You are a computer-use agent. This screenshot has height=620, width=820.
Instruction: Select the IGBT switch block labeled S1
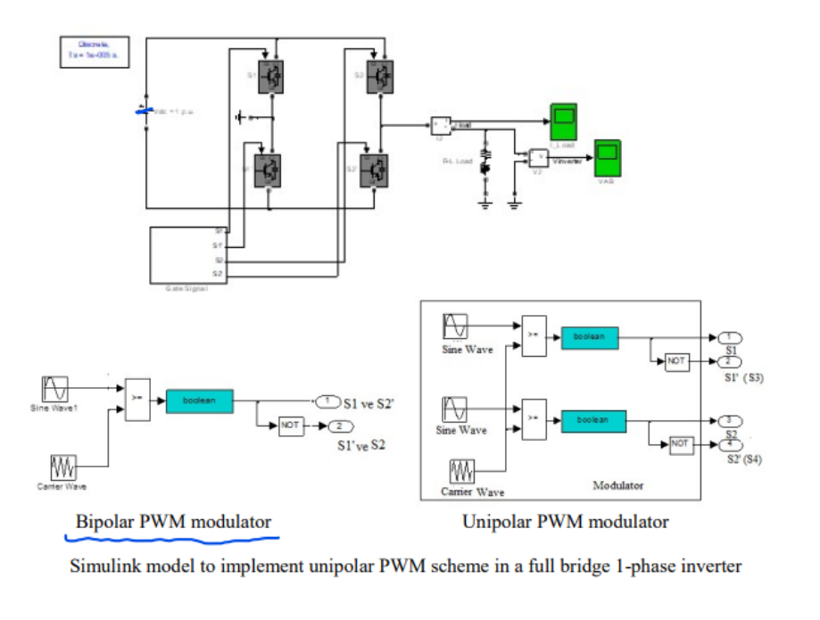pyautogui.click(x=269, y=77)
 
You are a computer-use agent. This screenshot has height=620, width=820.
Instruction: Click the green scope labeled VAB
pyautogui.click(x=609, y=156)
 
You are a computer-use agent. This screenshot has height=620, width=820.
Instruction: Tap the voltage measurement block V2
pyautogui.click(x=538, y=158)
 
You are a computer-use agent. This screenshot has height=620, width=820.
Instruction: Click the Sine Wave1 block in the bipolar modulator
pyautogui.click(x=54, y=389)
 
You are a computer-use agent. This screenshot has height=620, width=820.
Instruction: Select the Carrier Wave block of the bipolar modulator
pyautogui.click(x=62, y=467)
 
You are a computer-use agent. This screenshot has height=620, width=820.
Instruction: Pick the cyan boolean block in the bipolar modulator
pyautogui.click(x=198, y=401)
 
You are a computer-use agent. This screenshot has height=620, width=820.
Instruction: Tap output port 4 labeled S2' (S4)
pyautogui.click(x=728, y=442)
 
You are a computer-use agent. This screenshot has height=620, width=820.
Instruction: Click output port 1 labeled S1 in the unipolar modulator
pyautogui.click(x=728, y=338)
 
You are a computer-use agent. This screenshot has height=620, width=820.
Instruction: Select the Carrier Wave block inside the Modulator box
pyautogui.click(x=461, y=470)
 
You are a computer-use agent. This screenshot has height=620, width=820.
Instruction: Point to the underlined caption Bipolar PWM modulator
pyautogui.click(x=173, y=522)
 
